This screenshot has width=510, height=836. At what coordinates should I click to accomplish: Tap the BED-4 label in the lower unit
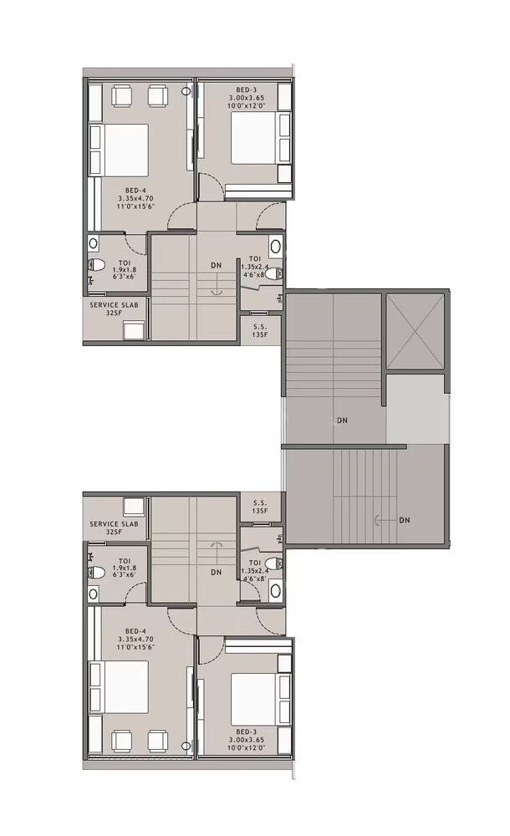pyautogui.click(x=133, y=630)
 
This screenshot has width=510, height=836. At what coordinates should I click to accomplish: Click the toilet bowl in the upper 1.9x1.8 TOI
pyautogui.click(x=98, y=266)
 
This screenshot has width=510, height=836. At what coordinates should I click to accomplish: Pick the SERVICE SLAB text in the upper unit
pyautogui.click(x=115, y=306)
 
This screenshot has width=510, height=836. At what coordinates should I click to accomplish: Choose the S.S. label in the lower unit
pyautogui.click(x=260, y=502)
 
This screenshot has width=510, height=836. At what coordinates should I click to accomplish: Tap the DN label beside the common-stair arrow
pyautogui.click(x=405, y=520)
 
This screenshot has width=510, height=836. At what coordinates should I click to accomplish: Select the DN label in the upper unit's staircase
pyautogui.click(x=217, y=266)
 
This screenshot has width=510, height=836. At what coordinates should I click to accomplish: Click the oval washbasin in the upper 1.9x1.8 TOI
pyautogui.click(x=93, y=244)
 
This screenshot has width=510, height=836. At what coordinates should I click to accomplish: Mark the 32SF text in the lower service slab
pyautogui.click(x=114, y=532)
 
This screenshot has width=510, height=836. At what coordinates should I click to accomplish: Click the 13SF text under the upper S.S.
pyautogui.click(x=260, y=335)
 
